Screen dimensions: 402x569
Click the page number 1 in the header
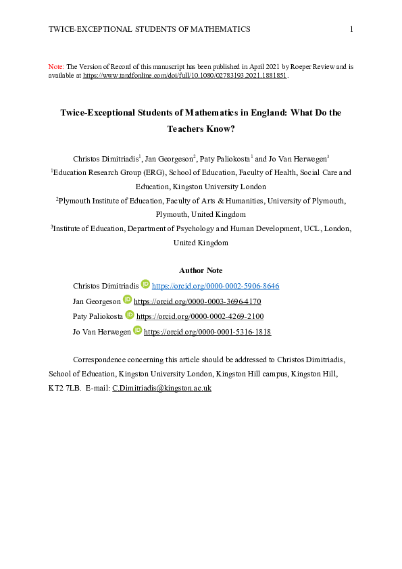pyautogui.click(x=351, y=29)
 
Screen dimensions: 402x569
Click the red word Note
pyautogui.click(x=56, y=67)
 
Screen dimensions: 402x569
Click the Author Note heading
pyautogui.click(x=201, y=270)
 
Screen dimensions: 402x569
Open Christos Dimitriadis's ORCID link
pyautogui.click(x=216, y=286)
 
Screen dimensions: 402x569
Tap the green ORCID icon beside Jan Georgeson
pyautogui.click(x=127, y=301)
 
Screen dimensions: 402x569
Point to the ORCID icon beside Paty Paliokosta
pyautogui.click(x=130, y=316)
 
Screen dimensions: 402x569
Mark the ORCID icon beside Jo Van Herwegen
pyautogui.click(x=137, y=331)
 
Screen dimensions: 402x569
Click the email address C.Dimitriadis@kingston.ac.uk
pyautogui.click(x=162, y=388)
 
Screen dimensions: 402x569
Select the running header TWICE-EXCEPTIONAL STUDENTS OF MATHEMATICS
pyautogui.click(x=149, y=29)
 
